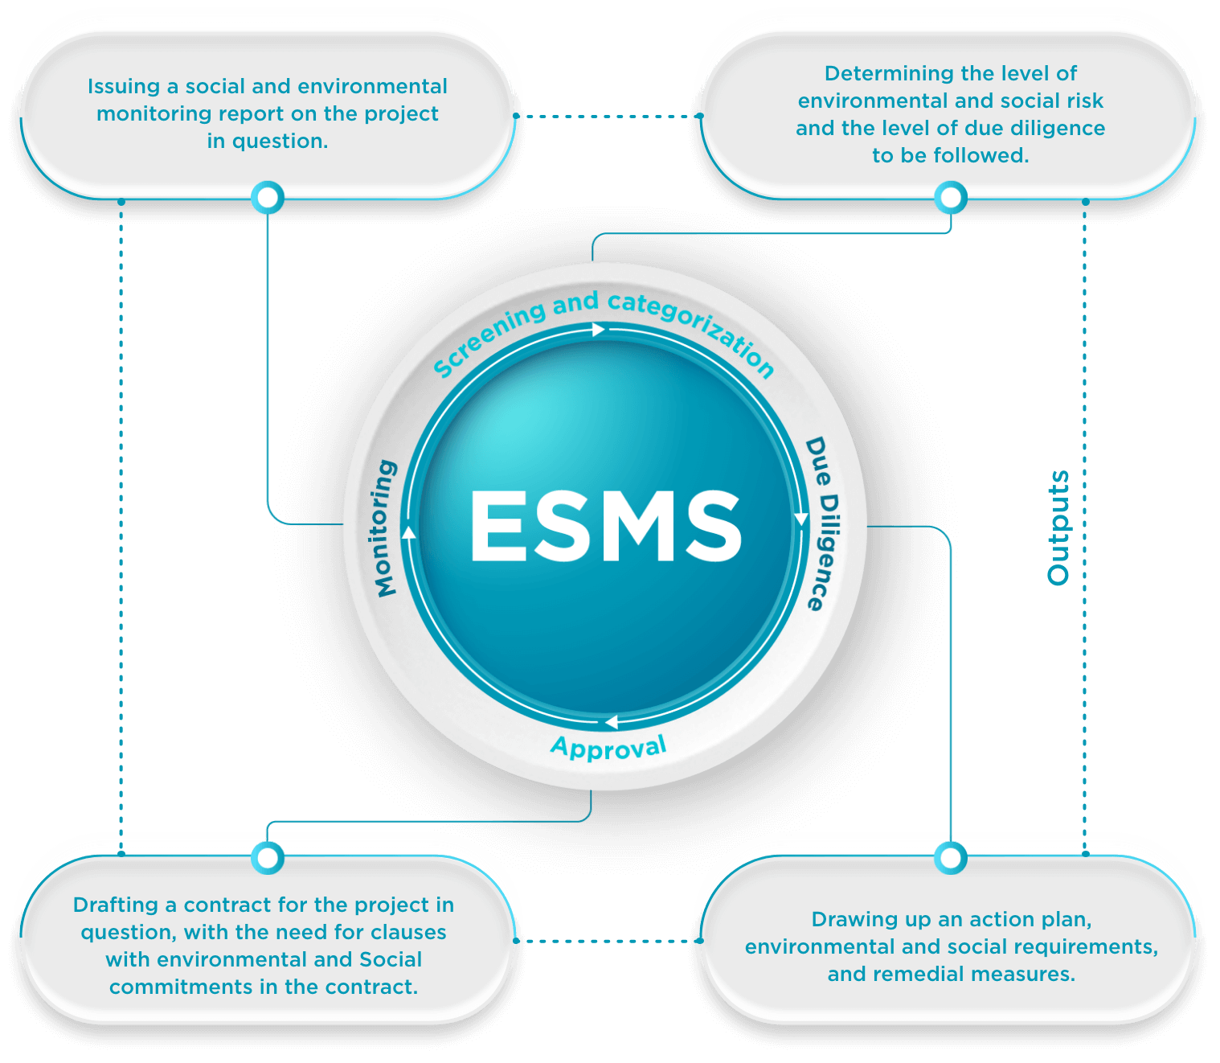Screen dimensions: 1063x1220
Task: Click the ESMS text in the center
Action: pos(605,526)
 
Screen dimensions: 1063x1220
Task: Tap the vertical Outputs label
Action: pos(1058,528)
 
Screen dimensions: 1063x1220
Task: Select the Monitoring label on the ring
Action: pos(386,528)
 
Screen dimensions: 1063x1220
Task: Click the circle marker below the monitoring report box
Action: pos(268,197)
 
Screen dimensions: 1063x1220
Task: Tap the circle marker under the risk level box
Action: pos(951,197)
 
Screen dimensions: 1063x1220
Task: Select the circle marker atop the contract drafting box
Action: pos(268,858)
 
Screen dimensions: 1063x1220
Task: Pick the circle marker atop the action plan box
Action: pos(951,858)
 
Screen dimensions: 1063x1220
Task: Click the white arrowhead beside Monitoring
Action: pos(408,531)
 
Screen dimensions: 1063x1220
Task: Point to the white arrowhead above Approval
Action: pos(611,722)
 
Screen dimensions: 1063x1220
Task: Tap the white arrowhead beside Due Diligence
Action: pos(801,519)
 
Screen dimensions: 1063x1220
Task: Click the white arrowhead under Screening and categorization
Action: pos(598,330)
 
